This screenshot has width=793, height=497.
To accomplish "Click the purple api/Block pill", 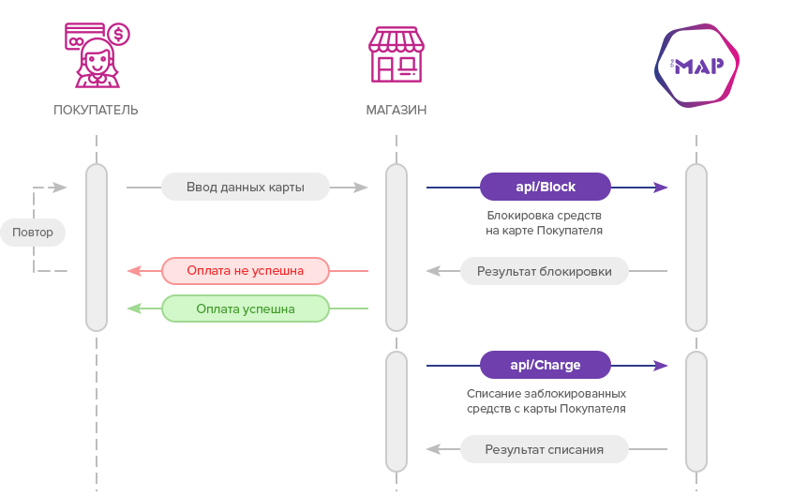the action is (x=546, y=187).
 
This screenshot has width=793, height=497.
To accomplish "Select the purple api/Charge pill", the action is (x=546, y=365).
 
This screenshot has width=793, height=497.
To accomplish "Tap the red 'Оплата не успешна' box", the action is (x=246, y=271).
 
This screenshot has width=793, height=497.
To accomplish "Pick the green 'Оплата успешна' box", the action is (x=246, y=309).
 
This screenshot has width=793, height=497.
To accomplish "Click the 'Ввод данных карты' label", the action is (x=246, y=187).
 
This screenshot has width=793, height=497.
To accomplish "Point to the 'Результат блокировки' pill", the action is (x=545, y=271).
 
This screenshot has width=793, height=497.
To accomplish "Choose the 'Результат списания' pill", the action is (x=545, y=449).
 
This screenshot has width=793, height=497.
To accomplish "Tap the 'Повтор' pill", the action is (x=33, y=233).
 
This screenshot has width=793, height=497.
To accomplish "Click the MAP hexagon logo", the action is (x=696, y=66).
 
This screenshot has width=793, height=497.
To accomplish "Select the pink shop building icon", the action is (x=396, y=54).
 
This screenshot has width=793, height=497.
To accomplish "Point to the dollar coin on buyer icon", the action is (x=118, y=35).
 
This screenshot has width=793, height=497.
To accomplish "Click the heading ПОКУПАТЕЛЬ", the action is (x=96, y=110).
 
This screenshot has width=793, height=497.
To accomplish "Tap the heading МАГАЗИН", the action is (x=396, y=110).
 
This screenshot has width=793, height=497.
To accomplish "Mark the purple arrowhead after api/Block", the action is (x=661, y=188).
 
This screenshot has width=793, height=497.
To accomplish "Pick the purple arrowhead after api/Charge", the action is (x=661, y=366).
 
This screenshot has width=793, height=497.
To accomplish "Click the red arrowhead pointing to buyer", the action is (x=134, y=271).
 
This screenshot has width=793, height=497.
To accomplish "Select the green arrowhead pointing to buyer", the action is (x=134, y=309).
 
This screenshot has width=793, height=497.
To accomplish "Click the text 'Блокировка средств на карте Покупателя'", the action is (x=545, y=222).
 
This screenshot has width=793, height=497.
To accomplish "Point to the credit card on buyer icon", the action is (x=84, y=36).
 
